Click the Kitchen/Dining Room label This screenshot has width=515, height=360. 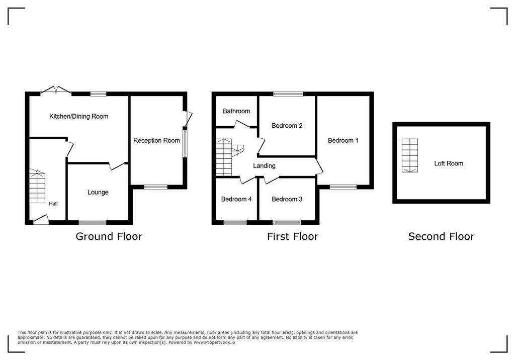(78, 117)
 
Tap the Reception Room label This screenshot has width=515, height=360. (156, 141)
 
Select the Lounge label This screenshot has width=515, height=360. (98, 193)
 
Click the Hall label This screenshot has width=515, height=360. (53, 204)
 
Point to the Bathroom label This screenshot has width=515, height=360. (236, 111)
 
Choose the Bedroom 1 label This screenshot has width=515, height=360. (343, 141)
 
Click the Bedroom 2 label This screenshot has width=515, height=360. (287, 126)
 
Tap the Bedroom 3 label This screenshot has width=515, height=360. (287, 200)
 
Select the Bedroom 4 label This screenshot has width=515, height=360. (236, 200)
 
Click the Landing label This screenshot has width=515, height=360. (264, 166)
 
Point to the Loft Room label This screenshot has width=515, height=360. (449, 163)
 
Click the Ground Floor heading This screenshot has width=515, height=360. (109, 236)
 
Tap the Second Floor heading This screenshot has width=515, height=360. (441, 236)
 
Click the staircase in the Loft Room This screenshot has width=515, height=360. (410, 155)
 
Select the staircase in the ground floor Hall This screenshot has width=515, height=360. (37, 186)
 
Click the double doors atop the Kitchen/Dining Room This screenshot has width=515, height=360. (56, 91)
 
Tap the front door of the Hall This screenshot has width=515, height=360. (41, 220)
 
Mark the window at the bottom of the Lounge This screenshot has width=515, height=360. (93, 222)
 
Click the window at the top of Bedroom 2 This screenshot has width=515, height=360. (288, 94)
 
